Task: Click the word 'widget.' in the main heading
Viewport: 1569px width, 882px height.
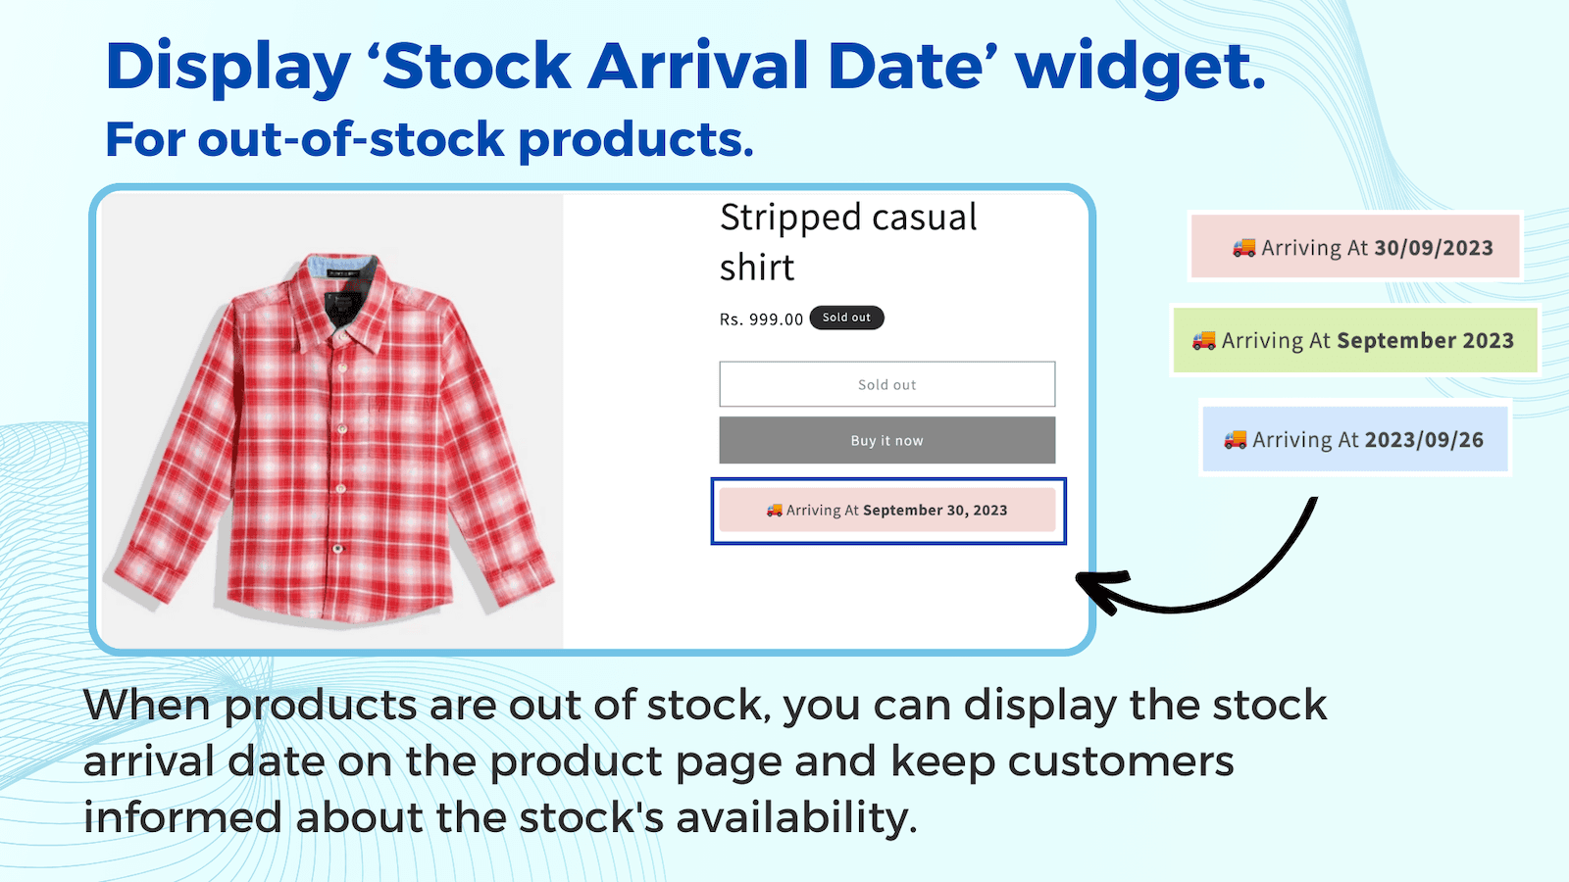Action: point(1139,67)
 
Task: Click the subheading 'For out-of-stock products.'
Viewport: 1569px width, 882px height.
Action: point(429,139)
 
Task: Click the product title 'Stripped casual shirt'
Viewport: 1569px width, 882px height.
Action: point(847,241)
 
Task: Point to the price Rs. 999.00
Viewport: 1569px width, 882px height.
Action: point(761,319)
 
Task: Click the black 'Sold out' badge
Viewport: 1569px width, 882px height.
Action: point(846,318)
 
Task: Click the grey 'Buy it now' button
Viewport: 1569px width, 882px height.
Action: point(886,440)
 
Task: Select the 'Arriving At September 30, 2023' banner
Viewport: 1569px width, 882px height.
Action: point(886,510)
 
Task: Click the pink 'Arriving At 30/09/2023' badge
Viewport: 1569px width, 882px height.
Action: point(1355,248)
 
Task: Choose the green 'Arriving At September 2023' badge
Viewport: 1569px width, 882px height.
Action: point(1355,340)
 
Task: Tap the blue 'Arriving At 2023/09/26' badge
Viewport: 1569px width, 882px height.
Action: point(1355,440)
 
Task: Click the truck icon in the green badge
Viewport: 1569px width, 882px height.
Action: point(1203,340)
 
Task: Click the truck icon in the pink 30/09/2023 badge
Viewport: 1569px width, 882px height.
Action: point(1243,248)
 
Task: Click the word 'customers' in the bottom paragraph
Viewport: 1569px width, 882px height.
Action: point(1121,761)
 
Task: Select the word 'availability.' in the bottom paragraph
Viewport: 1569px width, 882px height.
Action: point(796,817)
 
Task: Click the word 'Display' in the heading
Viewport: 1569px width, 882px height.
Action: point(228,67)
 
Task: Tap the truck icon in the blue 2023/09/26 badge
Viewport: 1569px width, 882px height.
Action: point(1235,440)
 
